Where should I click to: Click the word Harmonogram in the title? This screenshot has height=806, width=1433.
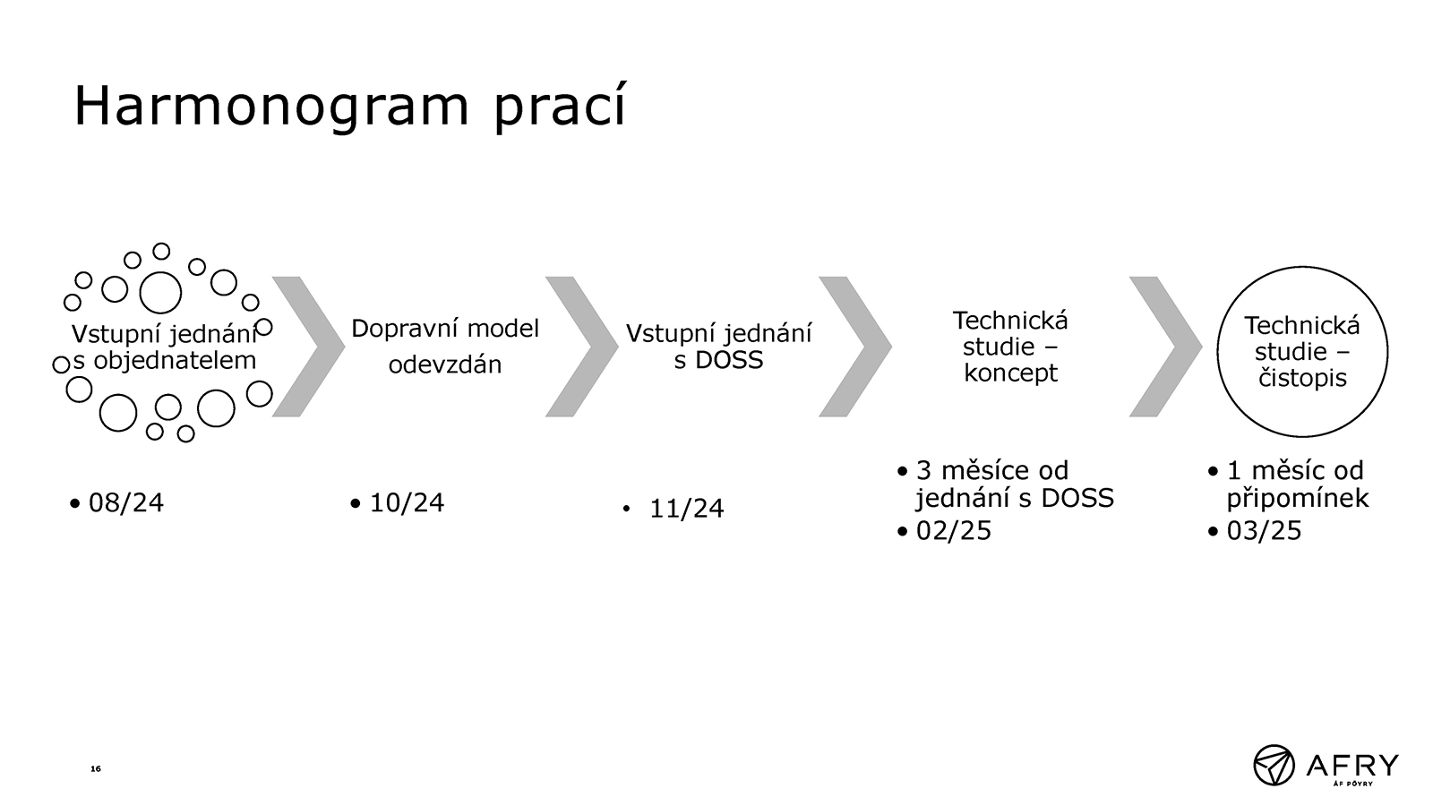272,107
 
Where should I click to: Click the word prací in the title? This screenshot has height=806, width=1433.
560,107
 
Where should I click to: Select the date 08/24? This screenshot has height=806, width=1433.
126,502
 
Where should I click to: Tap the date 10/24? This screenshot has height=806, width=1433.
407,502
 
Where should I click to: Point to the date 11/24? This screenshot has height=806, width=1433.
686,510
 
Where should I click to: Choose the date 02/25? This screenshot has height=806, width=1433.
953,531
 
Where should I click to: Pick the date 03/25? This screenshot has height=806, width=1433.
1264,531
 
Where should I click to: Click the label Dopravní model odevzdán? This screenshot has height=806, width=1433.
445,346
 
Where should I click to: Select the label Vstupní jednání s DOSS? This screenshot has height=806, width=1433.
718,346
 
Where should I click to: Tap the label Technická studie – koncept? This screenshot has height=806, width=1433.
1011,346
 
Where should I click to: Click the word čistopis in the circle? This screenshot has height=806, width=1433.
1302,378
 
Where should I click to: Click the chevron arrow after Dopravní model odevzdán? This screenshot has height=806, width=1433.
582,347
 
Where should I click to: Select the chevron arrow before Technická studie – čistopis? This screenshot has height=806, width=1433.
1165,347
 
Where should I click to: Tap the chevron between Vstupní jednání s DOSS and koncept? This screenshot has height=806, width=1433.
855,347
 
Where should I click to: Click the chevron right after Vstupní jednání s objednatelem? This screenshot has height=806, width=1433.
309,347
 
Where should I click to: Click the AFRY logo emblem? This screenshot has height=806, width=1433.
1273,765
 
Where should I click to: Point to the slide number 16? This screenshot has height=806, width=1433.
95,768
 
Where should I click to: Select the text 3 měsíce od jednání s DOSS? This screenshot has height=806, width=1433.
1015,484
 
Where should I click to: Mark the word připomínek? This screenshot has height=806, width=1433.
1298,499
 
